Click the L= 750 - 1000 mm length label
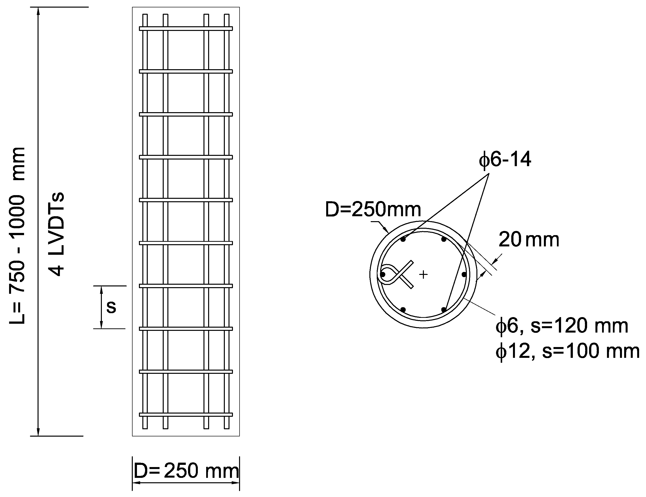[17, 235]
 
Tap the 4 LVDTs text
[56, 234]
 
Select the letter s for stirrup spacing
[111, 307]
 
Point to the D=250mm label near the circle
[373, 209]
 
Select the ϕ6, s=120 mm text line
[561, 326]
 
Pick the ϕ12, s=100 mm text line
[567, 351]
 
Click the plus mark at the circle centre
[424, 275]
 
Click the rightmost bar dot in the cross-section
[464, 275]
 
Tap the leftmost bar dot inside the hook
[383, 275]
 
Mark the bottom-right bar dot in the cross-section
[444, 309]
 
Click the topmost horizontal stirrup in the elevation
[186, 29]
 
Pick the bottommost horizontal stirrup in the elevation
[186, 415]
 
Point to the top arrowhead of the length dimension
[38, 11]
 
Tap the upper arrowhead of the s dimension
[101, 289]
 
